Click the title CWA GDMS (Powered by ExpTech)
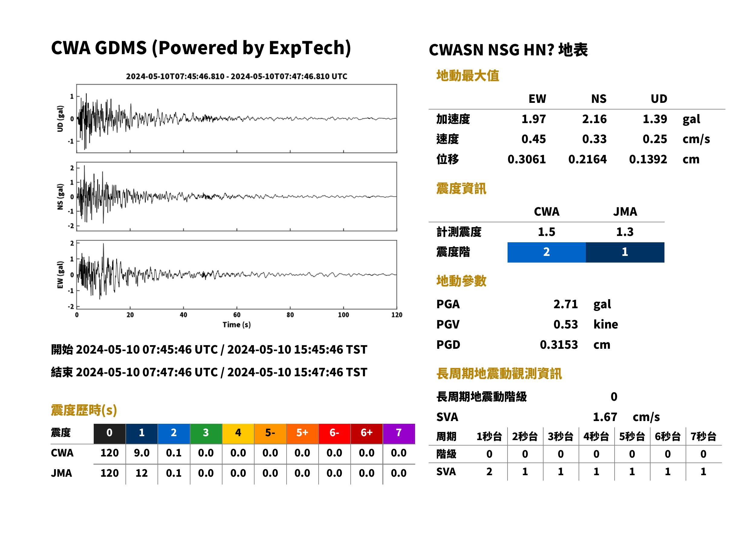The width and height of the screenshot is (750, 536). (201, 48)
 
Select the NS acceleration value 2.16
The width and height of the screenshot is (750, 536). (594, 119)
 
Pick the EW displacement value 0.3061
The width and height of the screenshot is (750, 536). (526, 159)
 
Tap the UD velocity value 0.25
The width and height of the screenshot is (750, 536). (655, 139)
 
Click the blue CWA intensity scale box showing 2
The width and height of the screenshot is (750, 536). (547, 252)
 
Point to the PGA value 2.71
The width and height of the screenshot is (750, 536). (566, 304)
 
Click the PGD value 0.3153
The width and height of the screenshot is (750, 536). (559, 345)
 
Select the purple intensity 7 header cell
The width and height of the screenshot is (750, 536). (399, 433)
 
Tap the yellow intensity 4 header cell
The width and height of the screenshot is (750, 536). (238, 433)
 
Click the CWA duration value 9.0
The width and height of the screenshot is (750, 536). (141, 453)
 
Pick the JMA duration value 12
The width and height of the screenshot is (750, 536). (141, 473)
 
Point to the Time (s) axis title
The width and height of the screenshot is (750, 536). (236, 325)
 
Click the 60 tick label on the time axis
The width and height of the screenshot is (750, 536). (237, 315)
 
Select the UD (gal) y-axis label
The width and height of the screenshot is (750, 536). (60, 119)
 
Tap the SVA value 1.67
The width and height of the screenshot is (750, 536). (605, 417)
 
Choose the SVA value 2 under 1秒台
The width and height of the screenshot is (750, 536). (489, 472)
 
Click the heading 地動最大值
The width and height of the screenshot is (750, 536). (468, 76)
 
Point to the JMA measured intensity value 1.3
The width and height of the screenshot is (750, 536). (625, 232)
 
